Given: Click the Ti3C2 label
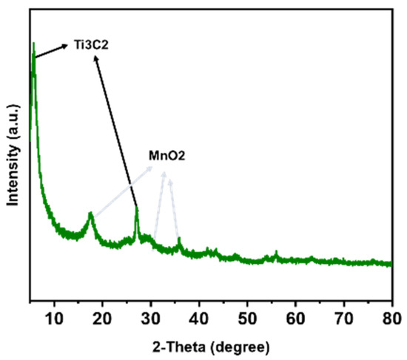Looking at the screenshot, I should pos(89,45).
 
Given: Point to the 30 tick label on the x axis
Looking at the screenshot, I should pos(151,319).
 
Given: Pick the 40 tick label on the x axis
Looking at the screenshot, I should pos(199,319).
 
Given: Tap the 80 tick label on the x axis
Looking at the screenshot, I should pos(391,319).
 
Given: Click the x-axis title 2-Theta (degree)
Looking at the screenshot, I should pos(212,346).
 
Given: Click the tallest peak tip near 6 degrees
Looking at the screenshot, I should pos(33,44).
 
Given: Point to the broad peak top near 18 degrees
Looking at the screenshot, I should pos(91,214).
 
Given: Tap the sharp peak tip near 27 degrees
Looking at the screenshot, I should pos(137,208).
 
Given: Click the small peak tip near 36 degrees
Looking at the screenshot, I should pos(179,238).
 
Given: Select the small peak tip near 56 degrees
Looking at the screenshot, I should pos(276,253).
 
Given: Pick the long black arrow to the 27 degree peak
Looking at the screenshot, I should pos(117,133).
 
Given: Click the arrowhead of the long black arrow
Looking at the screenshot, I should pos(97,60).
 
